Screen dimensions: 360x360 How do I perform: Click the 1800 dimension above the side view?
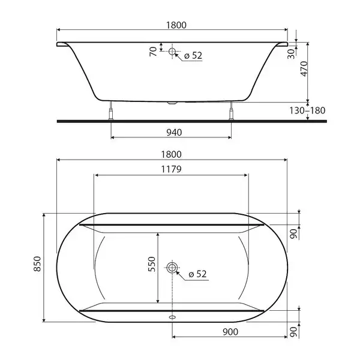tap(176, 25)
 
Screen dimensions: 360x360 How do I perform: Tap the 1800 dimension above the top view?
tap(171, 154)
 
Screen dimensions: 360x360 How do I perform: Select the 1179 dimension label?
tap(171, 169)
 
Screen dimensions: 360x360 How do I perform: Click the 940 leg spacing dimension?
tap(174, 132)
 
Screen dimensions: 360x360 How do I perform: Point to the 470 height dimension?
tap(304, 68)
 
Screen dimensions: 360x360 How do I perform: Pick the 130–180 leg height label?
tap(307, 110)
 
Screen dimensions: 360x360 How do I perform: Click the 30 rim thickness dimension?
tap(291, 54)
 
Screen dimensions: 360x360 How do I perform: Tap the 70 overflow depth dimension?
tap(153, 52)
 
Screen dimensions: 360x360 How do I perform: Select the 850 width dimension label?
tap(37, 264)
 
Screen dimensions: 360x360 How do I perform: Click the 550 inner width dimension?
tap(152, 264)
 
